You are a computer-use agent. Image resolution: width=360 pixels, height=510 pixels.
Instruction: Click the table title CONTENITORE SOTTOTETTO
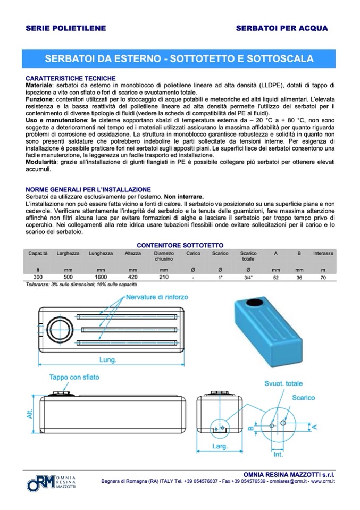[x=180, y=245]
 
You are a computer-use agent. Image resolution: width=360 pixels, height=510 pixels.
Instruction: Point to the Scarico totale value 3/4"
[x=248, y=278]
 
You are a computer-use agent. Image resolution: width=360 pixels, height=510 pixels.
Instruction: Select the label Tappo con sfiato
[x=74, y=379]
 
